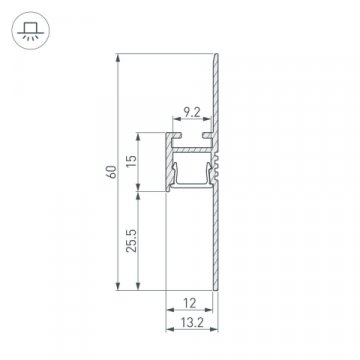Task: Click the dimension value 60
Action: tap(109, 172)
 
